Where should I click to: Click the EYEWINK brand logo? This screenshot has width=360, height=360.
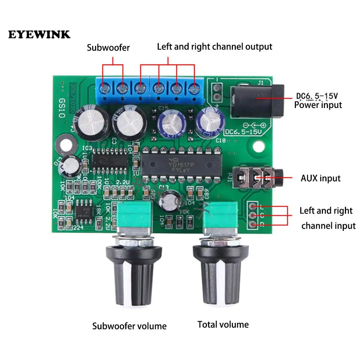40,35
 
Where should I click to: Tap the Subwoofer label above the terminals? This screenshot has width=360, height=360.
108,48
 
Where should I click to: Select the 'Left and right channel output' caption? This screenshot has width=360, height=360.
215,46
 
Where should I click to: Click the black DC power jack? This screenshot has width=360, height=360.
257,100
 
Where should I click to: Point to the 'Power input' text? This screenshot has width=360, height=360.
318,105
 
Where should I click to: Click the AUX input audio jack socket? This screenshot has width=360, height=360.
258,178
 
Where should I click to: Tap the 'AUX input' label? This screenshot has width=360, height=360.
320,178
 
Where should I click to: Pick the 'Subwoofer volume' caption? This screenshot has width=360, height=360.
130,326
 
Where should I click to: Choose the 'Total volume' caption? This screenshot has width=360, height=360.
223,324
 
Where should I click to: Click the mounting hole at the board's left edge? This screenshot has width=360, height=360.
65,143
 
